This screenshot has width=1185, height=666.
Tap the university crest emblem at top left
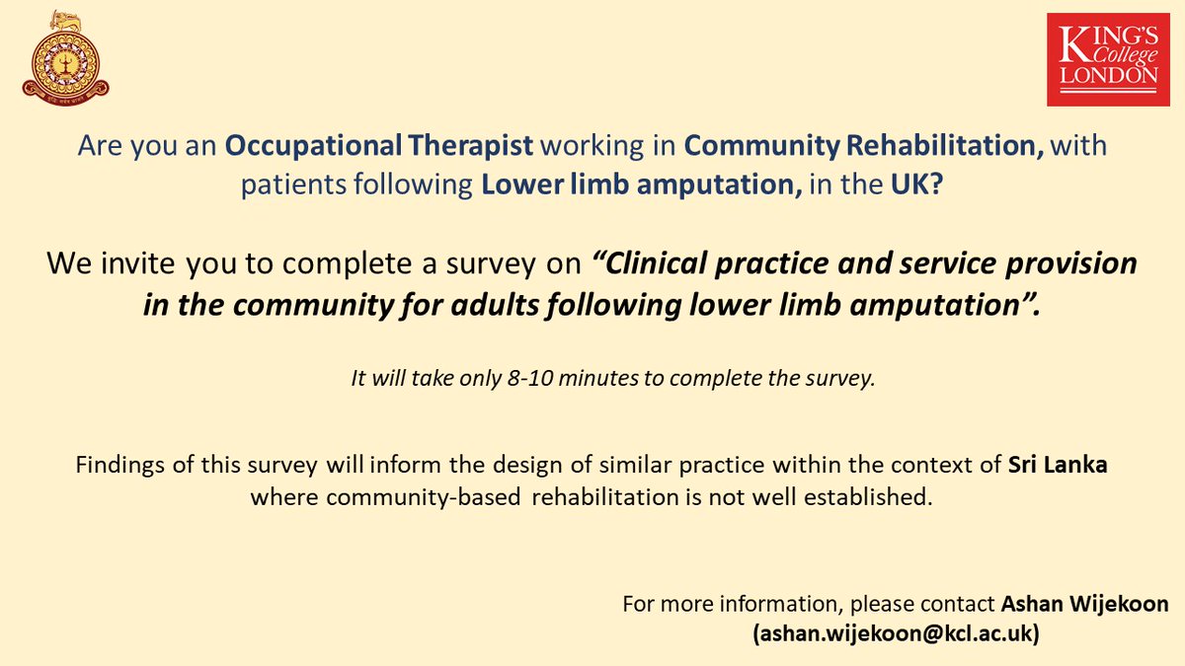point(66,56)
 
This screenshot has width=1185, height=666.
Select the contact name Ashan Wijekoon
point(1084,603)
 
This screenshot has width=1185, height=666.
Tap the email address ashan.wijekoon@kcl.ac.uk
point(896,634)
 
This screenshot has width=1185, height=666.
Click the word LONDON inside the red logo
point(1108,75)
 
